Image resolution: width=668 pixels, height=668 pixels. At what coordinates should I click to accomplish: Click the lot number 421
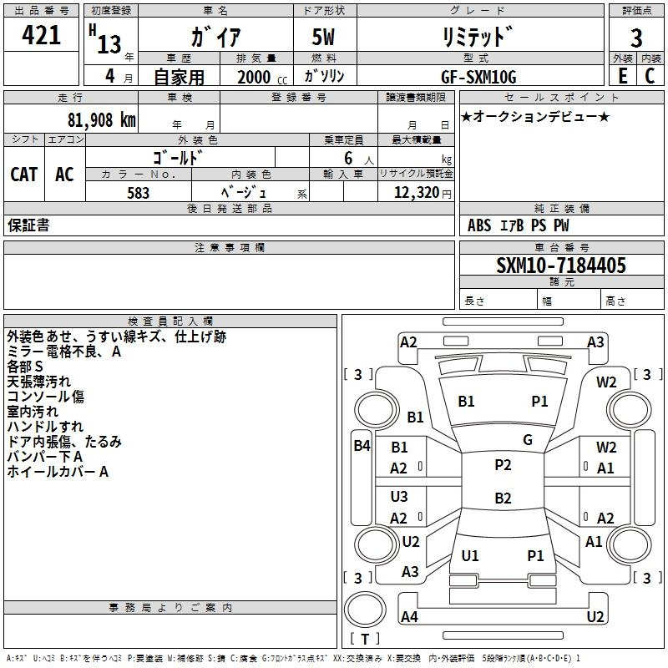pyautogui.click(x=42, y=36)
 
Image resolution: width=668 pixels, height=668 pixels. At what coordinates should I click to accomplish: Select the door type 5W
pyautogui.click(x=323, y=38)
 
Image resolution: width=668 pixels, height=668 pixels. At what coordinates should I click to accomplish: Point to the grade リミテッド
pyautogui.click(x=477, y=38)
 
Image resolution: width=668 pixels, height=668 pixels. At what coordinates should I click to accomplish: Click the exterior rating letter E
pyautogui.click(x=623, y=76)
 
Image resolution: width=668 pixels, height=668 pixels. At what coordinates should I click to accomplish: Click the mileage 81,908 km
pyautogui.click(x=98, y=120)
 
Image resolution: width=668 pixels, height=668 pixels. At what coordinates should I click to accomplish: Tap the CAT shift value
pyautogui.click(x=24, y=174)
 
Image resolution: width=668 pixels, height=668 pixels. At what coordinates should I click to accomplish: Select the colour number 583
pyautogui.click(x=139, y=193)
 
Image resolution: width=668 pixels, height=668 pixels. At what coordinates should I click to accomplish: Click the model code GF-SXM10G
pyautogui.click(x=478, y=77)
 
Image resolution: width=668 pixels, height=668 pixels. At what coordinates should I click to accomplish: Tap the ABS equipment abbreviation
pyautogui.click(x=479, y=225)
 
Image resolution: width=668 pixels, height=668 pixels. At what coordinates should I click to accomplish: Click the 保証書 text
pyautogui.click(x=28, y=225)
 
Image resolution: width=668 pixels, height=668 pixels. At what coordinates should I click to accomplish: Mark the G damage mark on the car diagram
pyautogui.click(x=528, y=439)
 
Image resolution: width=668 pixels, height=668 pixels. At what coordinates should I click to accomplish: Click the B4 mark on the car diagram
pyautogui.click(x=362, y=446)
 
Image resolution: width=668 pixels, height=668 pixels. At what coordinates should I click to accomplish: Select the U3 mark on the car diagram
pyautogui.click(x=399, y=497)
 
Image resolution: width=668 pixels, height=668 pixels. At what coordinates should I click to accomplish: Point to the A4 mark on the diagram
pyautogui.click(x=409, y=617)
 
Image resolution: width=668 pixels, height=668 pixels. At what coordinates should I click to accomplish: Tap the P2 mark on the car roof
pyautogui.click(x=503, y=465)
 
